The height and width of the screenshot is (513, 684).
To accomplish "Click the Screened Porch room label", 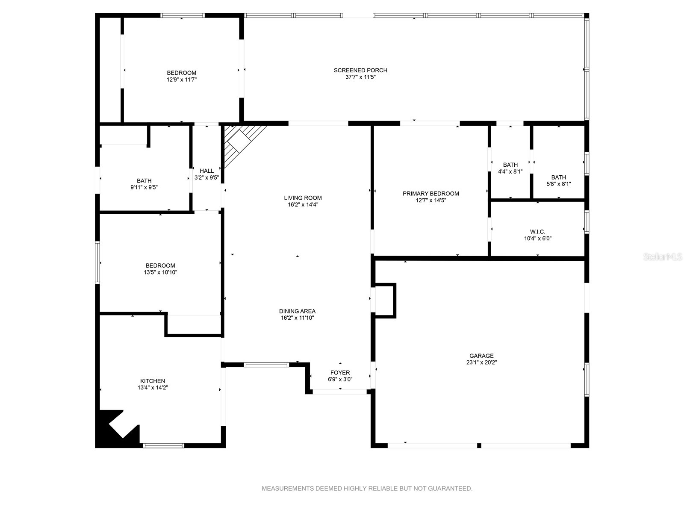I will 360,70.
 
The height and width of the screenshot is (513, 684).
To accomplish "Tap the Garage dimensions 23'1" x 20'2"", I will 481,363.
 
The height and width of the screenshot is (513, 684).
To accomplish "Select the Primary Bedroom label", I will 430,194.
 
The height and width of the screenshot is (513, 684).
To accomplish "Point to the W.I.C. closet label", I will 537,232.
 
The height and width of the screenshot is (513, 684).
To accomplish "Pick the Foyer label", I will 340,372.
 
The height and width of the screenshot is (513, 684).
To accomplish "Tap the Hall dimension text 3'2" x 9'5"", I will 206,177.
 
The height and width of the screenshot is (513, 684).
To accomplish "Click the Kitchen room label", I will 153,381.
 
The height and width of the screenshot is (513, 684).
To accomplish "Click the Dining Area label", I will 297,311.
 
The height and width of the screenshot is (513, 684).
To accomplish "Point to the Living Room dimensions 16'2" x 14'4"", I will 303,204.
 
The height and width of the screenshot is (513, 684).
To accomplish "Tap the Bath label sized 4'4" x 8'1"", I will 510,165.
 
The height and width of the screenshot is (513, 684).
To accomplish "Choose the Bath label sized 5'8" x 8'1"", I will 558,177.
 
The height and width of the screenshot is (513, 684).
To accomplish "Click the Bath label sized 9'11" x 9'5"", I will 144,181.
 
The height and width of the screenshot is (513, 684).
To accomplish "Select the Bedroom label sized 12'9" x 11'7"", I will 181,73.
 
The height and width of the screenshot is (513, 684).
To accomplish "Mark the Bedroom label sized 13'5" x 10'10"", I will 160,265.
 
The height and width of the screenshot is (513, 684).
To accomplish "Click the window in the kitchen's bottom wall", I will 164,445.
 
